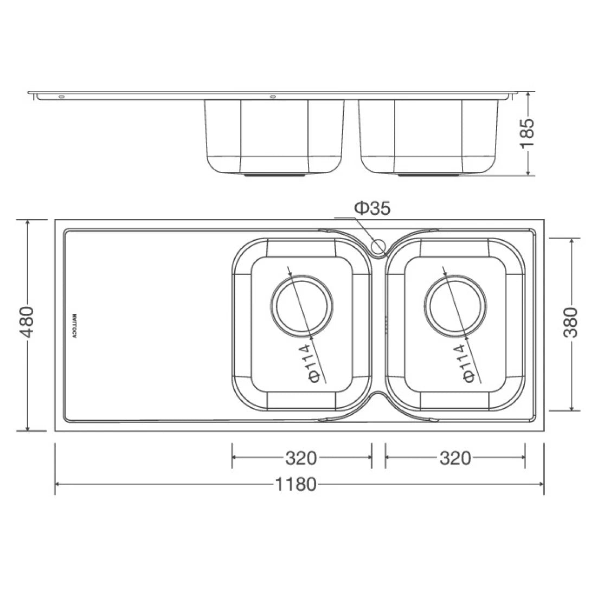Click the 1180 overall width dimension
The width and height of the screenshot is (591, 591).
tap(295, 484)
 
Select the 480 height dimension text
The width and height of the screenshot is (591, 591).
tap(27, 323)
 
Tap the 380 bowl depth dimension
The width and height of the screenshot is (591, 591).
tap(571, 323)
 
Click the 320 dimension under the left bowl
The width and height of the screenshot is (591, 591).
tap(301, 458)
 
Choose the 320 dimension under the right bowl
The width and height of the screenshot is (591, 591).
tap(455, 458)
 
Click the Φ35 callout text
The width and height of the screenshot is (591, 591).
tap(372, 208)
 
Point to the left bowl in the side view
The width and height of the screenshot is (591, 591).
tap(274, 136)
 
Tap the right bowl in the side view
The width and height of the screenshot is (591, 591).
tap(428, 136)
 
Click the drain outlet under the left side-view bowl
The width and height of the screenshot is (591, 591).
tap(275, 176)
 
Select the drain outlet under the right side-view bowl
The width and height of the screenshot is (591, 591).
tap(428, 176)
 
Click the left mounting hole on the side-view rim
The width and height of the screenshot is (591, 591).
tap(61, 98)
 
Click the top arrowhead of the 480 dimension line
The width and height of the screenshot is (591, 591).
tap(27, 222)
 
